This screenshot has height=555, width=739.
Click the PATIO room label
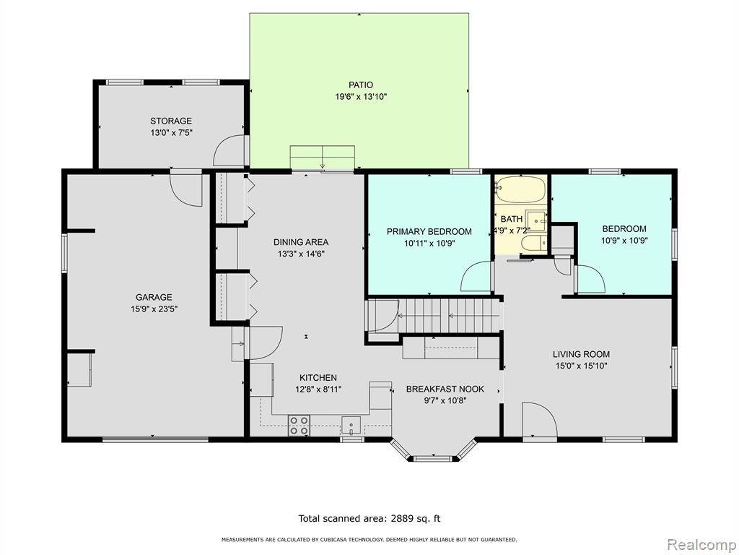pos(361,85)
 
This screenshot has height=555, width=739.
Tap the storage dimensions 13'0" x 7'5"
pos(171,133)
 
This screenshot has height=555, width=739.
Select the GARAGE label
pos(154,297)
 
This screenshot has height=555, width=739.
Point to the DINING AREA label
pos(301,242)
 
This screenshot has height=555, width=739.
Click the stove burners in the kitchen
pos(299,425)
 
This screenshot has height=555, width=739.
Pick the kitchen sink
pos(351,425)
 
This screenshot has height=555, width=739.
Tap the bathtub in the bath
pos(521,190)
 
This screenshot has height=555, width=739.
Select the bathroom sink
pos(537,221)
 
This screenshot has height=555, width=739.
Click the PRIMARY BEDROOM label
pos(429,232)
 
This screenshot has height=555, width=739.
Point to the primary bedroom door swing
pos(476,276)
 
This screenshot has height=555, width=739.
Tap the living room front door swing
pos(540,420)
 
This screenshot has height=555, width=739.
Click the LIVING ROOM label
pos(581,354)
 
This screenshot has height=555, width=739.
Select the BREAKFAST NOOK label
pos(445,390)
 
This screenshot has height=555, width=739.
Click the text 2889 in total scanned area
pos(402,519)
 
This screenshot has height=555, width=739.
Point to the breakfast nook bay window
pos(433,452)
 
